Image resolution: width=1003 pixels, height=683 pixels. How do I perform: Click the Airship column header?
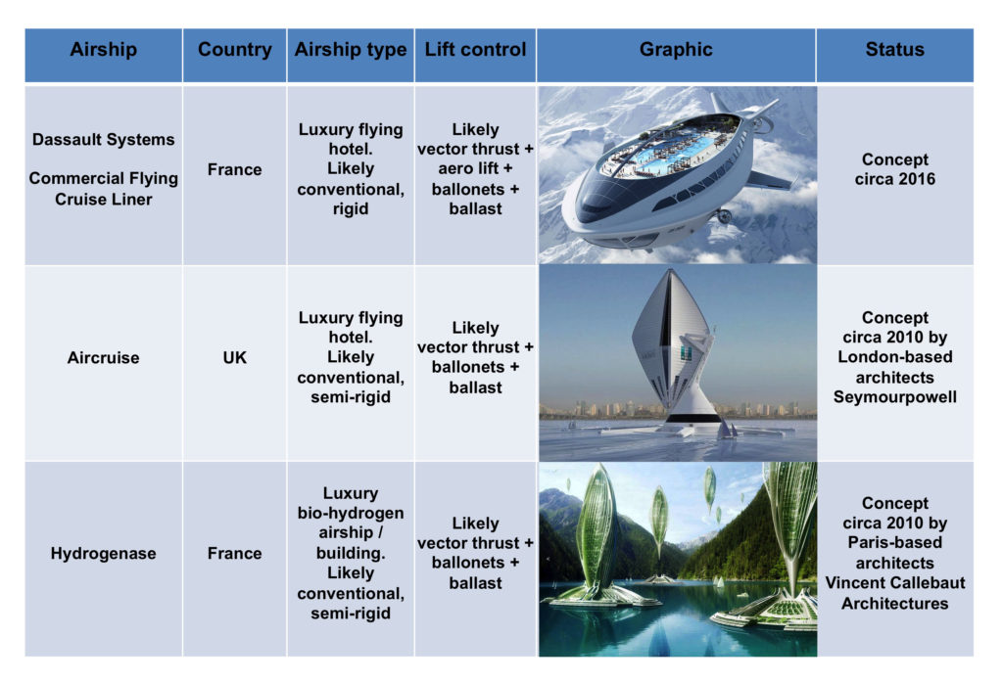point(104,49)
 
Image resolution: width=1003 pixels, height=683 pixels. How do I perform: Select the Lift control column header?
point(475,49)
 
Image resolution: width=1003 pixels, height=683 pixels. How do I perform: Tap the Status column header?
point(895,49)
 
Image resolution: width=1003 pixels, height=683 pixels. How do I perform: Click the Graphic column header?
point(676,49)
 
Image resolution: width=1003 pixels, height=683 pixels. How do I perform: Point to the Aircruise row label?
point(104,358)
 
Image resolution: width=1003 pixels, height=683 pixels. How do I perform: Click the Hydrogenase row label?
point(104,553)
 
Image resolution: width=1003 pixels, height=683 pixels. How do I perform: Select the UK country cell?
point(235,358)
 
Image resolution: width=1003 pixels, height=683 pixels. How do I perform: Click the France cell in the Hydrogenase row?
point(235,553)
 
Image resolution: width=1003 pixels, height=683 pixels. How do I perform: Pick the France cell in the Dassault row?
point(235,169)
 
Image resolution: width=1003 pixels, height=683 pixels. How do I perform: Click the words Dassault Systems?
point(104,139)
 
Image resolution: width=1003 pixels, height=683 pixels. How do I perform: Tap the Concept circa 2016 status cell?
point(895,169)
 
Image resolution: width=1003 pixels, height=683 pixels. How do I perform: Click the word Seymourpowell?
point(895,396)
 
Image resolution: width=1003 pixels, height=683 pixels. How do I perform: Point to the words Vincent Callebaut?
point(895,582)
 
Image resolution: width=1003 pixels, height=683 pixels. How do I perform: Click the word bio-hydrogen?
point(351,513)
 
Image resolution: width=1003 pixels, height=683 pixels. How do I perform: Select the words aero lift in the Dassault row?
point(468,168)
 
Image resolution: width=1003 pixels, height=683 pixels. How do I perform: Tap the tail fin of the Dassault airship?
point(721,102)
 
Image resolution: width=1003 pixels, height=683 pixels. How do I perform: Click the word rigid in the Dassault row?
point(351,209)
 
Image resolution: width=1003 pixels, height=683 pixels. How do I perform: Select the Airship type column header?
point(351,49)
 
